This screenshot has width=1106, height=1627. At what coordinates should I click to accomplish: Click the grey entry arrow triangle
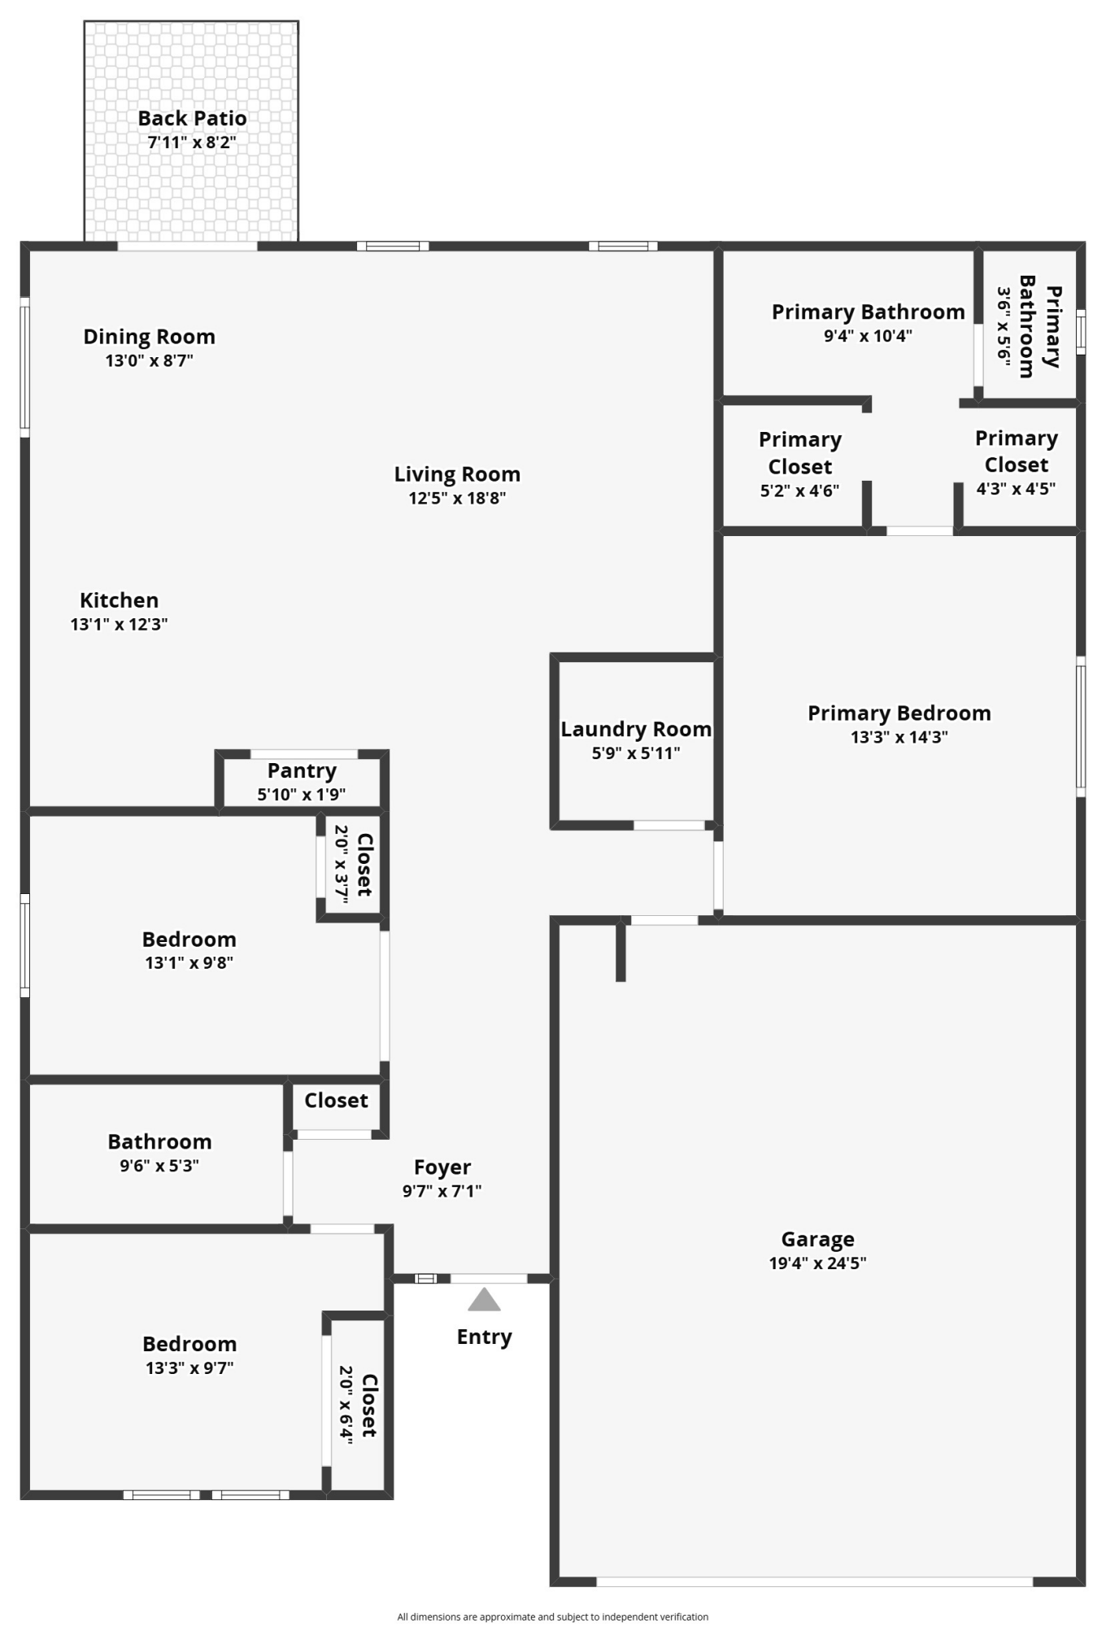click(x=484, y=1300)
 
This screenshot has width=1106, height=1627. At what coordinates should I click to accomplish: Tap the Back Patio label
click(x=192, y=119)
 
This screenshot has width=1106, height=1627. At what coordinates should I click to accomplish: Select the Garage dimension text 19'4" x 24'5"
click(x=817, y=1263)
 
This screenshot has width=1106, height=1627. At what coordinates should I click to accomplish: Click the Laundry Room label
click(x=636, y=730)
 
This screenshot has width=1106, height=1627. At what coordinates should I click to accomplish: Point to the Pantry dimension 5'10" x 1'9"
click(x=302, y=795)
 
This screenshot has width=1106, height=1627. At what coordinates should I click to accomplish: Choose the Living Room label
click(x=457, y=474)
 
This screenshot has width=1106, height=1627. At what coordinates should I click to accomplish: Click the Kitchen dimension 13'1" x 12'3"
click(x=119, y=625)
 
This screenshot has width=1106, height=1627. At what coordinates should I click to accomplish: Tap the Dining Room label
click(x=149, y=337)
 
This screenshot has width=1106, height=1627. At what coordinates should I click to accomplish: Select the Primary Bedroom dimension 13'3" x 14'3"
click(x=899, y=738)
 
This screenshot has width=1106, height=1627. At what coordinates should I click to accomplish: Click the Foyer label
click(x=442, y=1167)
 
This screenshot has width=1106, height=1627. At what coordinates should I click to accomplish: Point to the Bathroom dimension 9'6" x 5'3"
click(x=159, y=1166)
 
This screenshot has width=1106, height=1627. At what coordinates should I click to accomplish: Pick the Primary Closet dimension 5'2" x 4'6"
click(x=799, y=491)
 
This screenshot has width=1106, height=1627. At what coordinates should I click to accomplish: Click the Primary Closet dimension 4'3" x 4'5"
click(x=1016, y=489)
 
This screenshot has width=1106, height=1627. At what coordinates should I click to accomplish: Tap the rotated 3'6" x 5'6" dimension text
click(x=1004, y=327)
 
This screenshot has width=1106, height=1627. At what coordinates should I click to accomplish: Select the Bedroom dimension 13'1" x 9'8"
click(x=189, y=963)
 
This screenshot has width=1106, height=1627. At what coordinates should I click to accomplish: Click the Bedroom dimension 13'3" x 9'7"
click(x=189, y=1368)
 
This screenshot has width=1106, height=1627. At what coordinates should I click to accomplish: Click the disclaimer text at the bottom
click(x=552, y=1617)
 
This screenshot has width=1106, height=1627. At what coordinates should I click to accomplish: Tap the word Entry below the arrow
click(x=484, y=1337)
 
